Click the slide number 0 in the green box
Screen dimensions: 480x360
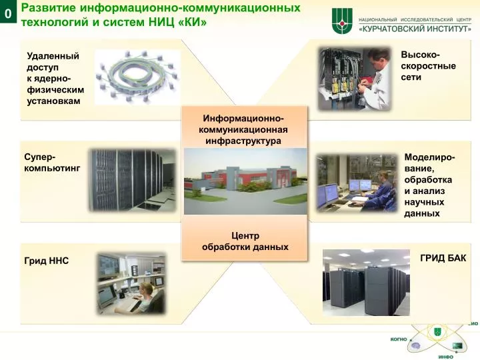(x=7, y=13)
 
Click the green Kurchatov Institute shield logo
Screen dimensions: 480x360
(x=342, y=21)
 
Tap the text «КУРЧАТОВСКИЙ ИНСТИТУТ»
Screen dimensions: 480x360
(x=415, y=29)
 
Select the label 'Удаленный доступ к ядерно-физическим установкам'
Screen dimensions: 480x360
(x=55, y=79)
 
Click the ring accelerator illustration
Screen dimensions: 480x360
(x=137, y=77)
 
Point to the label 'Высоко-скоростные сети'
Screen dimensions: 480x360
(x=428, y=66)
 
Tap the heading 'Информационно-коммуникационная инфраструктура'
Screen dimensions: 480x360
(x=243, y=129)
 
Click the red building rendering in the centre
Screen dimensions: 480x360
(x=245, y=181)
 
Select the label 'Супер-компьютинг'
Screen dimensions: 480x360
(x=52, y=163)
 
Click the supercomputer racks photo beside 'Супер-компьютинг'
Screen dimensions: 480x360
(x=132, y=180)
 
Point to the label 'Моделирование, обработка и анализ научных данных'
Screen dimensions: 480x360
(x=429, y=185)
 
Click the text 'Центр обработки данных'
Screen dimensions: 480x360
(x=245, y=241)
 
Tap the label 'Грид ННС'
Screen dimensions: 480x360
(x=47, y=261)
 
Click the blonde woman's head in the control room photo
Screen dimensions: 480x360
(x=146, y=290)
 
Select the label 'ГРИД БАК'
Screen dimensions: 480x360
(x=443, y=258)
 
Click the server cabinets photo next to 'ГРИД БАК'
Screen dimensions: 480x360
(x=366, y=282)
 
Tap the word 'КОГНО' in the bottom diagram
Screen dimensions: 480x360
(x=399, y=339)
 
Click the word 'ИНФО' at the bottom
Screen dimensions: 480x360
(x=446, y=357)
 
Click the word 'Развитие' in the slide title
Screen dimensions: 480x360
(x=49, y=8)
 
